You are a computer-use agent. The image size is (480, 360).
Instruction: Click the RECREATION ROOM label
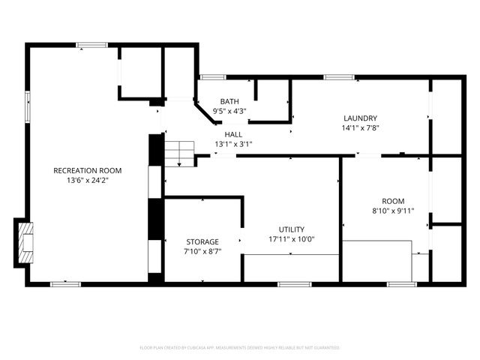(x=87, y=170)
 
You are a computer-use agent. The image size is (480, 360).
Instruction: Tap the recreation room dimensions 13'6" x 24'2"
(x=87, y=181)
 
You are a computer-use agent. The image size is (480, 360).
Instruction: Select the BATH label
(x=229, y=101)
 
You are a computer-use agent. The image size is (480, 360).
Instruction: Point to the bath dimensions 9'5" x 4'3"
(x=229, y=111)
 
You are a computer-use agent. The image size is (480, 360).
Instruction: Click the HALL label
(x=233, y=133)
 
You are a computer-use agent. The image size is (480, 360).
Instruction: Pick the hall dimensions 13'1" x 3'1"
(x=233, y=144)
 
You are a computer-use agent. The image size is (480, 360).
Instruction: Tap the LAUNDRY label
(x=360, y=118)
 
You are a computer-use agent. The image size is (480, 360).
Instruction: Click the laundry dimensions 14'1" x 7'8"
(x=360, y=128)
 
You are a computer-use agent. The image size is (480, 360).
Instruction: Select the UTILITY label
(x=292, y=229)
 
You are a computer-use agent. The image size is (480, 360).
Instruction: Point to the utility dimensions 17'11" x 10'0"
(x=292, y=240)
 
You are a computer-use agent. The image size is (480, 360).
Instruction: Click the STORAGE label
(x=202, y=241)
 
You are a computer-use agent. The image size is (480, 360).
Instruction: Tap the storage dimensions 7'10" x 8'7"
(x=202, y=252)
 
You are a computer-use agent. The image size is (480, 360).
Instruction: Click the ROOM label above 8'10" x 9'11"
(x=393, y=201)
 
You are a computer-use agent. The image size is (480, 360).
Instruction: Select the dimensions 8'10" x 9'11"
(x=393, y=211)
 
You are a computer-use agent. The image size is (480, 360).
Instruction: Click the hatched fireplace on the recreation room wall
(x=25, y=243)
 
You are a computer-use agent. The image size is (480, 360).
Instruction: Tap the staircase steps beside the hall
(x=179, y=153)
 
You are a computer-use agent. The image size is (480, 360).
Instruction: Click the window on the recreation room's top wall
(x=91, y=46)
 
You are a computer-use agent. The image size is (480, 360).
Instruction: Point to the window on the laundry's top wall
(x=334, y=76)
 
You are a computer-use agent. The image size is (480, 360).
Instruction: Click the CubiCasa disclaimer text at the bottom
(x=240, y=348)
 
